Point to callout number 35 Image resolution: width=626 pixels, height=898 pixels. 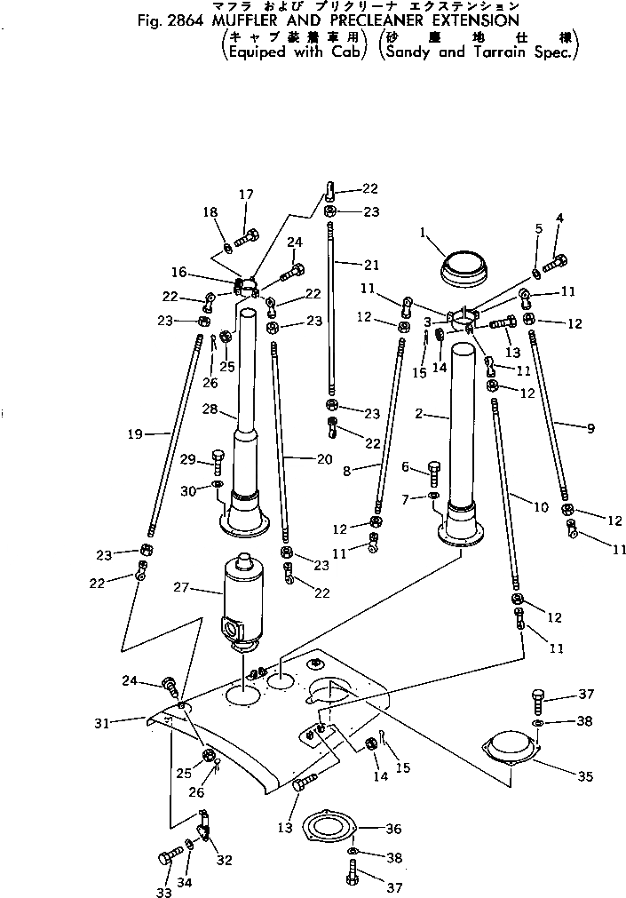pyautogui.click(x=584, y=776)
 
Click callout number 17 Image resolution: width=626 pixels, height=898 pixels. pyautogui.click(x=245, y=194)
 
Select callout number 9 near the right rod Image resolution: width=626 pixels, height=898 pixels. pyautogui.click(x=590, y=428)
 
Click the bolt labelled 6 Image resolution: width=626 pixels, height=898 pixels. pyautogui.click(x=433, y=468)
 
